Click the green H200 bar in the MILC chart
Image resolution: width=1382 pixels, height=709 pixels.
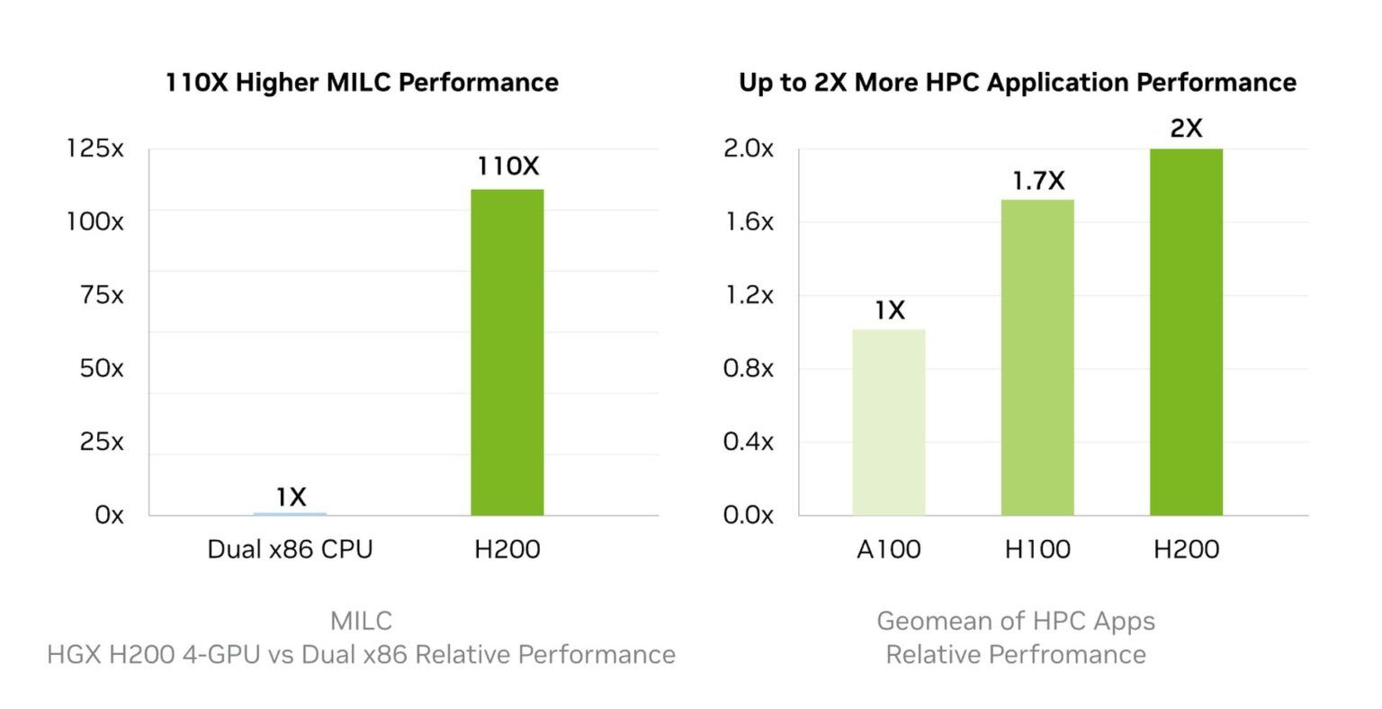507,352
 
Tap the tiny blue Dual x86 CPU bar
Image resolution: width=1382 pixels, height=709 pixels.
291,514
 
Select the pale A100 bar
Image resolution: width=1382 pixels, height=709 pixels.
888,422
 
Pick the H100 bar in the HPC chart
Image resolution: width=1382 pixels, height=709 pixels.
1037,357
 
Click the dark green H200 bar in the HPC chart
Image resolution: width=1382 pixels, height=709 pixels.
1186,332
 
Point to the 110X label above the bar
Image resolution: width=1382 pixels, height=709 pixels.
508,166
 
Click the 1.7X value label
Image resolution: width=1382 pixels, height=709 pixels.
1037,181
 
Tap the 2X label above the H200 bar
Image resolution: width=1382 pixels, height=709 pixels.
1186,129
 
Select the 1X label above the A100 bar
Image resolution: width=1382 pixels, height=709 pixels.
889,310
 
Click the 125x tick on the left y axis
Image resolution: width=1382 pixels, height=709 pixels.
94,148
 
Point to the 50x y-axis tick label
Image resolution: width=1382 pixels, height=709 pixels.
101,368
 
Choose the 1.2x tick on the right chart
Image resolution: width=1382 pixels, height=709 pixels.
748,295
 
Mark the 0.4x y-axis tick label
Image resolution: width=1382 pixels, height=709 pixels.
748,441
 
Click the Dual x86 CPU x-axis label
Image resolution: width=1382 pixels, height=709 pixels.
290,549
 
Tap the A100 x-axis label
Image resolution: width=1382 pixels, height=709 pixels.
888,549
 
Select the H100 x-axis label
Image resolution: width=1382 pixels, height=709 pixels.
1037,549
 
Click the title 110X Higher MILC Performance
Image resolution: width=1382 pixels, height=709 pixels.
362,83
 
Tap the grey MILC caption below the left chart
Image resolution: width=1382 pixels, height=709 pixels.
361,620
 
